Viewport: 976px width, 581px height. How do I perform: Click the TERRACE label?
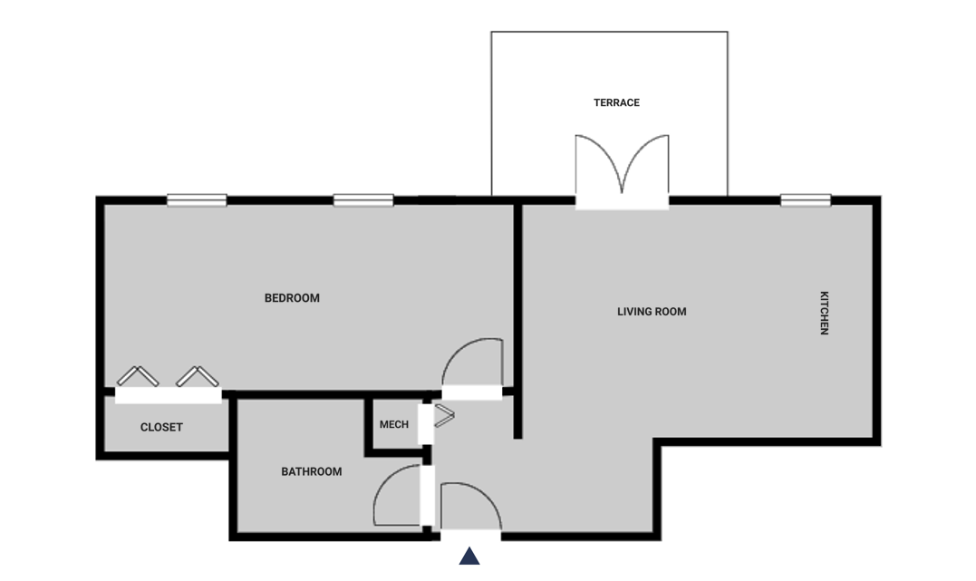616,102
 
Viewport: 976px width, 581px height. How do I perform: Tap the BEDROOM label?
292,298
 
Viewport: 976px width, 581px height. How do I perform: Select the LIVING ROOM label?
652,312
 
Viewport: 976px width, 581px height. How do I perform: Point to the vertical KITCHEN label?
824,313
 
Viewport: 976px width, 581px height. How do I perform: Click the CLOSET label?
161,427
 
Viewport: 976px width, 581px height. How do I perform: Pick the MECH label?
394,425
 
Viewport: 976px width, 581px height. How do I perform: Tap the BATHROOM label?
311,472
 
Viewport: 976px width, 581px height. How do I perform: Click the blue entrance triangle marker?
469,557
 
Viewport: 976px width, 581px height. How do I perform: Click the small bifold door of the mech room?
444,416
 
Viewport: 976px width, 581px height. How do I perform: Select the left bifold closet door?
138,375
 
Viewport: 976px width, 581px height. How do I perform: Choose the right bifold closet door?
198,375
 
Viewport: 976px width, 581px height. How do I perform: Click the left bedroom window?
197,200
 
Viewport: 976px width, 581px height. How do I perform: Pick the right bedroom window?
363,200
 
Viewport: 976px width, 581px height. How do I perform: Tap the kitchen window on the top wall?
806,200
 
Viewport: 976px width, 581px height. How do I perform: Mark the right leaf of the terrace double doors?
646,163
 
